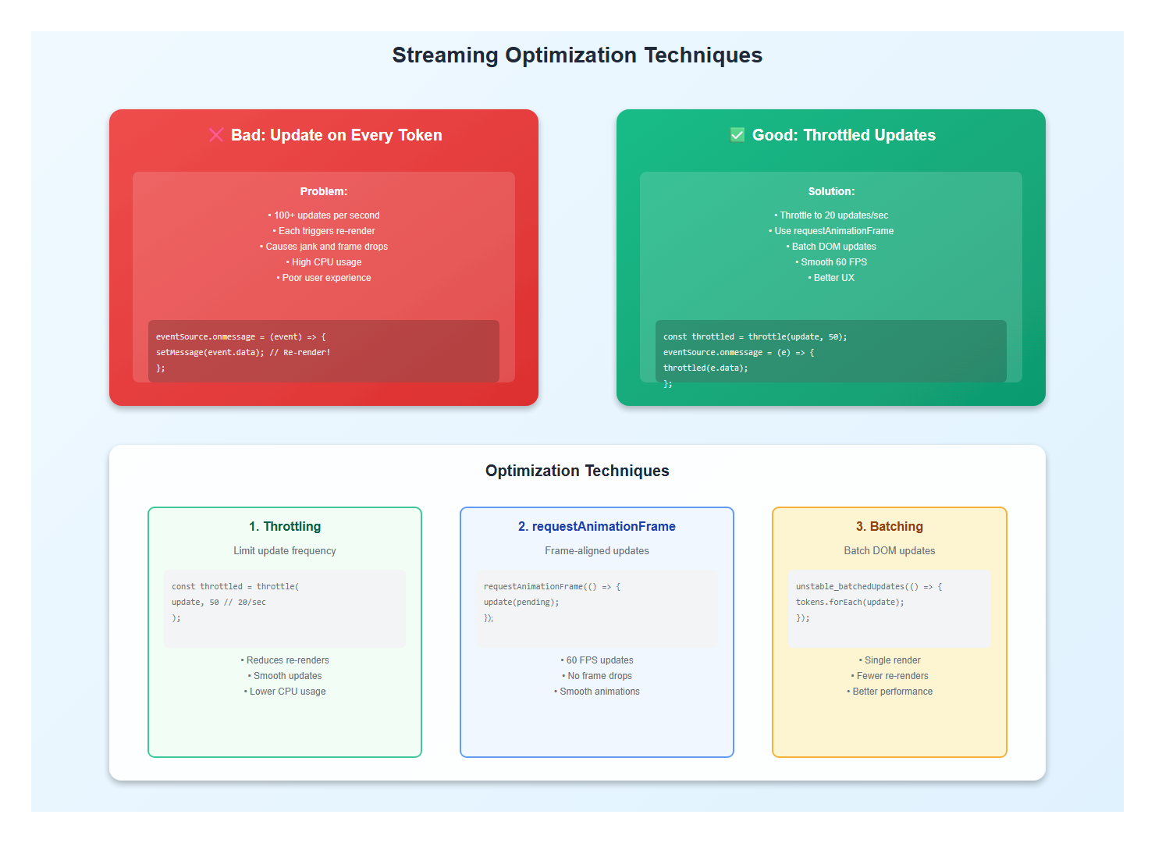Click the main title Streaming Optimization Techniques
coord(577,55)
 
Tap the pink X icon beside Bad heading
coord(216,135)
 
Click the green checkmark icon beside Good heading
coord(737,135)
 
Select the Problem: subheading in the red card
coord(323,191)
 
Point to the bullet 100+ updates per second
coord(324,215)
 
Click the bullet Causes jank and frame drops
coord(324,247)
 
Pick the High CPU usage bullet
coord(324,262)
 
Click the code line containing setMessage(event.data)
coord(243,353)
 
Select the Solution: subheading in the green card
coord(831,191)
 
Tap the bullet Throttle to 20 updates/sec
coord(831,215)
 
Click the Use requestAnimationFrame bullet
coord(831,231)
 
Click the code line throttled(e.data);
coord(705,368)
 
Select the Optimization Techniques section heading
coord(577,471)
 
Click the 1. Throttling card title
coord(285,527)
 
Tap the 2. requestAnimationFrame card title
coord(597,527)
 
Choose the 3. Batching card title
coord(889,527)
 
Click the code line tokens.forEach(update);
coord(850,603)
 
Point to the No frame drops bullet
coord(597,676)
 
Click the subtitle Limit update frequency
coord(285,551)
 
